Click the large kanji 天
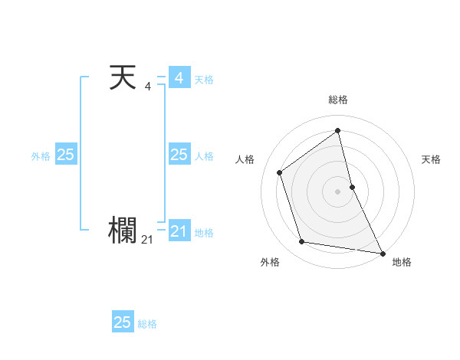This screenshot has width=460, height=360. click(123, 78)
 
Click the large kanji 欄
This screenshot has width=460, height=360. click(123, 230)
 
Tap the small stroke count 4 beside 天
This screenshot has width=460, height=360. click(147, 87)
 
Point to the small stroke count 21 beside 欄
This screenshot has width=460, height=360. click(147, 240)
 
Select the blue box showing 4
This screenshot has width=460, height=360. click(179, 78)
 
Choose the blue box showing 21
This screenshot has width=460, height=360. click(179, 231)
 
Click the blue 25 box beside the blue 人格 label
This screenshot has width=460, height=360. click(179, 155)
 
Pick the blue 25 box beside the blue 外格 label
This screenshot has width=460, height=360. click(65, 155)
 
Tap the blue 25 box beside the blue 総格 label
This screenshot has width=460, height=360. click(123, 322)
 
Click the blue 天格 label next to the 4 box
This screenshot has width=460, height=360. click(204, 80)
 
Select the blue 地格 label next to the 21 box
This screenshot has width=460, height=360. click(204, 233)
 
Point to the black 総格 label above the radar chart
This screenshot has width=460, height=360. click(338, 100)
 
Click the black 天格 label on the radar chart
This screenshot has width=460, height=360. click(431, 159)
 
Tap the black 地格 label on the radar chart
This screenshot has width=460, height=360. click(402, 262)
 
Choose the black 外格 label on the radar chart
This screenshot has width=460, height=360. click(270, 262)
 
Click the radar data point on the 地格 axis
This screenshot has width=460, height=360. click(382, 252)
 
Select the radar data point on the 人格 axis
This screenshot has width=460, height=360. click(280, 172)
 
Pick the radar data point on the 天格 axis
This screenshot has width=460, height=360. click(352, 187)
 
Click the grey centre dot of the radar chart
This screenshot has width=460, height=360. click(338, 191)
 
